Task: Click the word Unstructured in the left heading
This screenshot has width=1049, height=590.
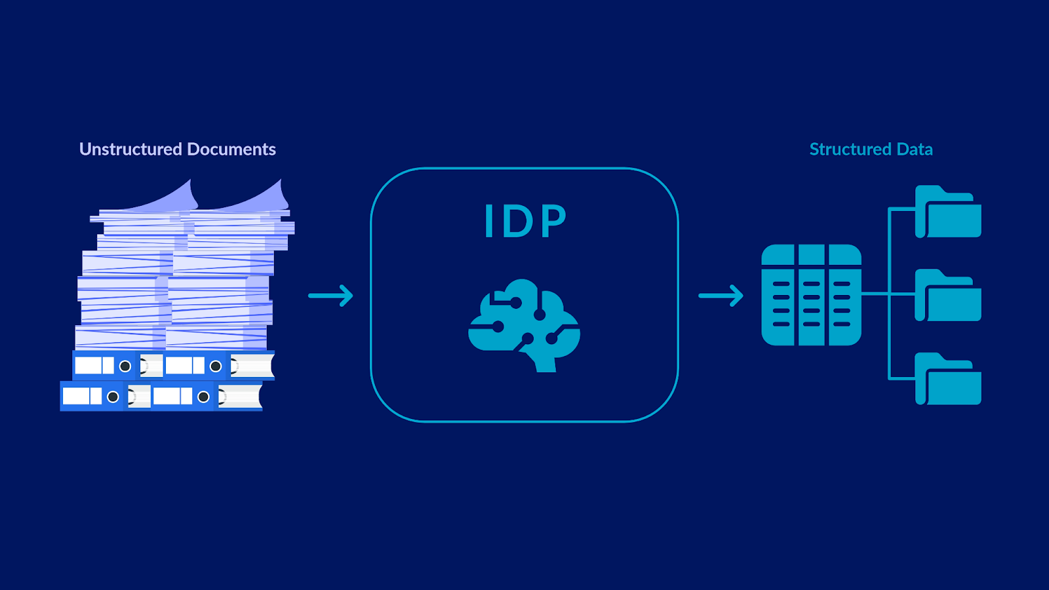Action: pyautogui.click(x=130, y=149)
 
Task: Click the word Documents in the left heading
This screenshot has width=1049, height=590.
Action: pyautogui.click(x=231, y=149)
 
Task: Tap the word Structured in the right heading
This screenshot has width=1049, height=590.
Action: pyautogui.click(x=850, y=149)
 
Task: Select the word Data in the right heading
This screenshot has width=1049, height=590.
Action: pyautogui.click(x=915, y=149)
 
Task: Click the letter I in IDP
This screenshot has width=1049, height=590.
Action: pyautogui.click(x=489, y=220)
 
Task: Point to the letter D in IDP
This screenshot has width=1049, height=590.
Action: pyautogui.click(x=518, y=220)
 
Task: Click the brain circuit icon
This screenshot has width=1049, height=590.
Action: pyautogui.click(x=524, y=325)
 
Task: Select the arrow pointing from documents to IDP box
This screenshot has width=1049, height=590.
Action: pyautogui.click(x=330, y=296)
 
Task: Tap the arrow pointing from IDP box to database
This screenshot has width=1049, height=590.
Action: pyautogui.click(x=721, y=296)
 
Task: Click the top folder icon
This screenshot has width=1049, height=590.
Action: pyautogui.click(x=948, y=211)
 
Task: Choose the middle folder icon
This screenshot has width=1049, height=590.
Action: pyautogui.click(x=948, y=295)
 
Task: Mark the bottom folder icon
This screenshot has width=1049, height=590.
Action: pyautogui.click(x=948, y=378)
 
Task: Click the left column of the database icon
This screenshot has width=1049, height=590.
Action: pyautogui.click(x=778, y=295)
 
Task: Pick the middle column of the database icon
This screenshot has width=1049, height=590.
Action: pyautogui.click(x=812, y=295)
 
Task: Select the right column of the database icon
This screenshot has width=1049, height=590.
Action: pyautogui.click(x=845, y=295)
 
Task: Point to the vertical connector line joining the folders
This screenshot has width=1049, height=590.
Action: pyautogui.click(x=889, y=294)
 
